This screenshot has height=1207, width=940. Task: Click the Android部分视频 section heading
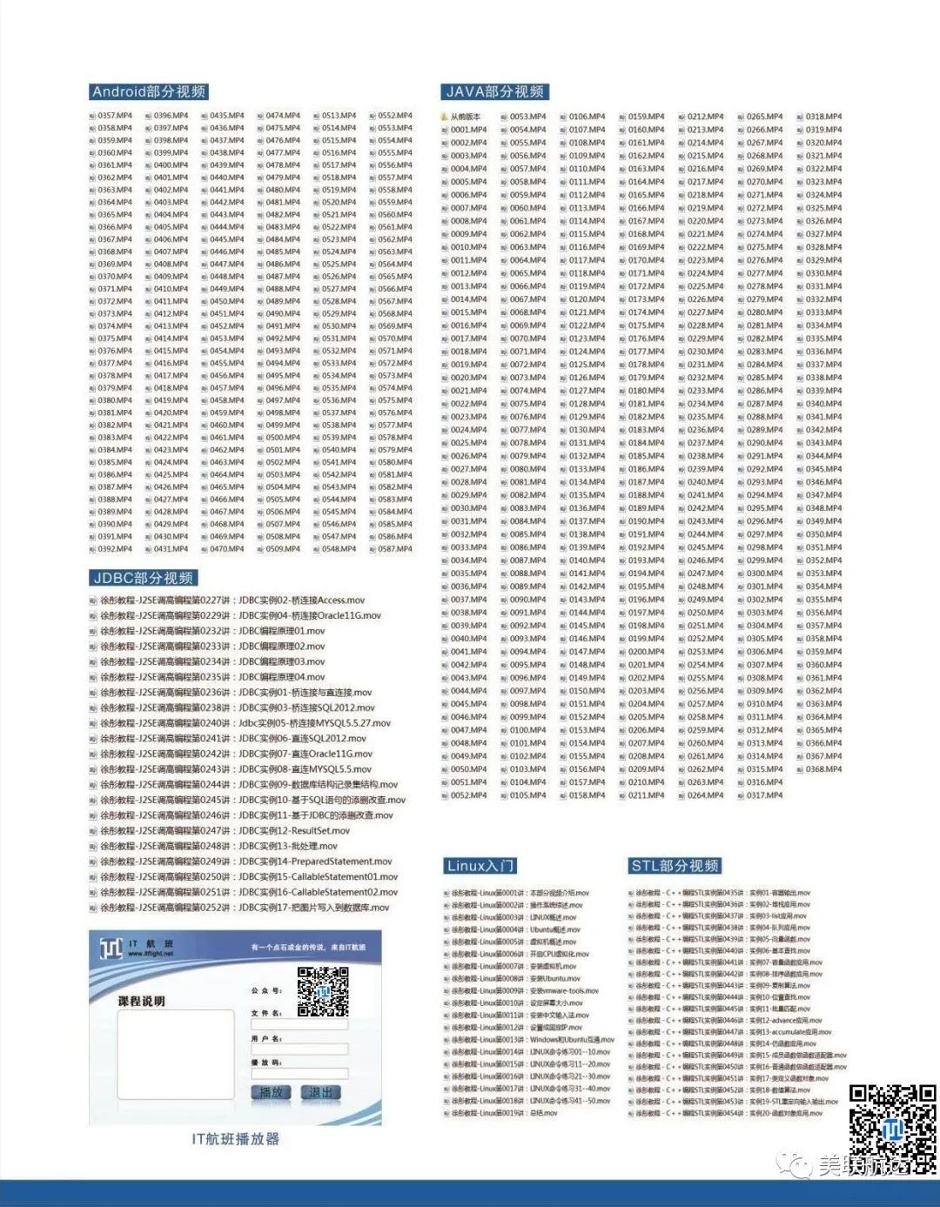point(149,91)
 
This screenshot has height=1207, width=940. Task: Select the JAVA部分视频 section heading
point(494,91)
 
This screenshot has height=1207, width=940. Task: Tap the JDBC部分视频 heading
point(144,578)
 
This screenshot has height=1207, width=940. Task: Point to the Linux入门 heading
point(480,866)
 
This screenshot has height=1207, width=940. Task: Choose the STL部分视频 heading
point(675,866)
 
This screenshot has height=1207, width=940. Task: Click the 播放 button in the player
point(272,1092)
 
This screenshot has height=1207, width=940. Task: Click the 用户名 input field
point(299,1049)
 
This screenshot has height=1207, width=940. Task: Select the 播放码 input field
point(299,1074)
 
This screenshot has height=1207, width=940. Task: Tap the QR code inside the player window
point(322,992)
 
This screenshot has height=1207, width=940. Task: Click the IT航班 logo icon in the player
point(111,948)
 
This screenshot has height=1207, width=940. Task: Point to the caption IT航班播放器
point(235,1139)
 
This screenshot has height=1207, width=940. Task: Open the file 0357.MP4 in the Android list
point(115,116)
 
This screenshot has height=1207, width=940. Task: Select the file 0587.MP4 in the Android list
point(394,549)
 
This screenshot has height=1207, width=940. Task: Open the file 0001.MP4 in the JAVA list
point(468,130)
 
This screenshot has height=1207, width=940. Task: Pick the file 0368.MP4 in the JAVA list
point(822,769)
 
